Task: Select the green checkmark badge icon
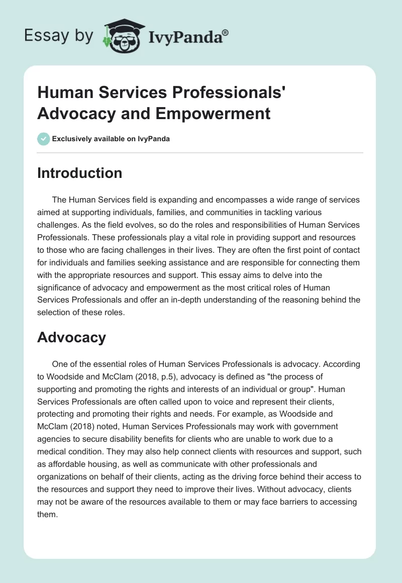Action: (43, 139)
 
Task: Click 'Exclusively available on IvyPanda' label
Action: (111, 139)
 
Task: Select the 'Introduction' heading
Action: (79, 173)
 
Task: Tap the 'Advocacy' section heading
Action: (71, 337)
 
